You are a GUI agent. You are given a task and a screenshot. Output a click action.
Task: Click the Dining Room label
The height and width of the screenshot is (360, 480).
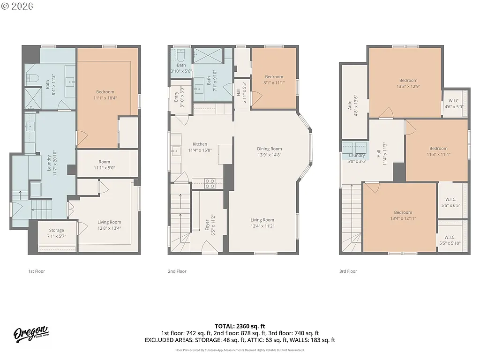pyautogui.click(x=269, y=149)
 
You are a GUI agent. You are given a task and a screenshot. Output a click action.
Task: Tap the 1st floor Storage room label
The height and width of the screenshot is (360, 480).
pyautogui.click(x=56, y=230)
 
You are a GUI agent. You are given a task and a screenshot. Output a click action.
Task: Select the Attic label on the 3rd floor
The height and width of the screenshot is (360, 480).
pyautogui.click(x=350, y=105)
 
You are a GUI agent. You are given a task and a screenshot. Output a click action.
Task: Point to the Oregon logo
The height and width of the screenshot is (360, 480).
pyautogui.click(x=31, y=334)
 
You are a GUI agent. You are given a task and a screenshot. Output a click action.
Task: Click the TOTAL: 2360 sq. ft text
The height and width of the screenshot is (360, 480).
pyautogui.click(x=240, y=326)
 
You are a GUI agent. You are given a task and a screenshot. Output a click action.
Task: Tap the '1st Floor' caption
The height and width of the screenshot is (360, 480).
pyautogui.click(x=37, y=271)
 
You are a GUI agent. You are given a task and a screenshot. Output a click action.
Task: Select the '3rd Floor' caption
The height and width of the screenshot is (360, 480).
pyautogui.click(x=348, y=271)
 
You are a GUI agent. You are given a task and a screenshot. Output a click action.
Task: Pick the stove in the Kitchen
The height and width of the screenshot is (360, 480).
pyautogui.click(x=209, y=183)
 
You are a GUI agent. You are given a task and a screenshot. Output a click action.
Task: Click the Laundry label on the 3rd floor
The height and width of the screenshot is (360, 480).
pyautogui.click(x=357, y=155)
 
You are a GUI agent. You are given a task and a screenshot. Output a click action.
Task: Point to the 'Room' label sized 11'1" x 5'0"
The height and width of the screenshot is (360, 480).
pyautogui.click(x=104, y=162)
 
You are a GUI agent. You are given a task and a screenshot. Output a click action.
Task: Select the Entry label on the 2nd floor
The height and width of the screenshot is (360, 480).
pyautogui.click(x=176, y=97)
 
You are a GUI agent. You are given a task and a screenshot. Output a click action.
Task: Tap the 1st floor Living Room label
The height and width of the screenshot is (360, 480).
pyautogui.click(x=109, y=222)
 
